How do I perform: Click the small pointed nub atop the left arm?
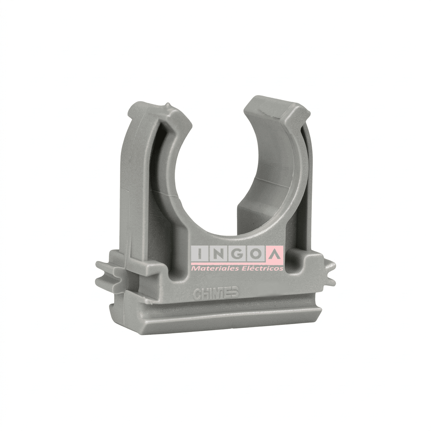pyautogui.click(x=168, y=106)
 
